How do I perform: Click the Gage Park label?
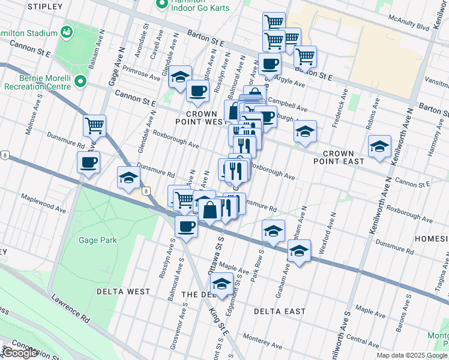coord(97,240)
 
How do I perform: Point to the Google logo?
coord(20,353)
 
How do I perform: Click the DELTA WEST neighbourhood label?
coord(123,292)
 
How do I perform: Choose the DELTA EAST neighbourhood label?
coord(279,311)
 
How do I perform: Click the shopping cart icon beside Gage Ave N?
coord(94,126)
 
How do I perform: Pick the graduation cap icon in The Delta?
coord(222,284)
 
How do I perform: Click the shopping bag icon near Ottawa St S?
coord(211,211)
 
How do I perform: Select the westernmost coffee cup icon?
coord(88,162)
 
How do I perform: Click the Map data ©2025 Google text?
coord(412,355)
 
